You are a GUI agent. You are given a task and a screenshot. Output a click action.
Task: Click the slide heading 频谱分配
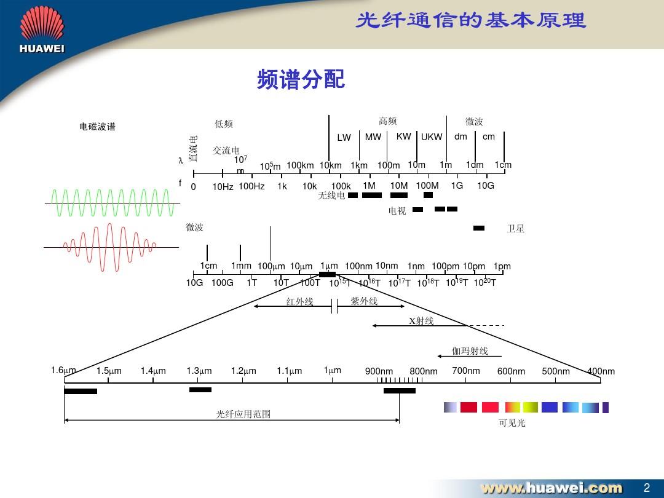[x=301, y=79]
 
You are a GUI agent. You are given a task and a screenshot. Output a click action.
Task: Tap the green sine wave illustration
[x=112, y=203]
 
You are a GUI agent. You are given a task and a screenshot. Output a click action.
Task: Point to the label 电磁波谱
[x=97, y=127]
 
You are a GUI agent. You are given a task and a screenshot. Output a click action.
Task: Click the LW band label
[x=344, y=138]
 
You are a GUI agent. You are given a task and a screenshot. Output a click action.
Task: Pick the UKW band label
[x=432, y=137]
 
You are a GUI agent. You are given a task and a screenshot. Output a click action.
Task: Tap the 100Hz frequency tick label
[x=251, y=186]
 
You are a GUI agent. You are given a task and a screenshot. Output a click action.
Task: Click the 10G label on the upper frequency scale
[x=486, y=185]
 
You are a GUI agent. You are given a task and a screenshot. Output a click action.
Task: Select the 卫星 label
[x=515, y=229]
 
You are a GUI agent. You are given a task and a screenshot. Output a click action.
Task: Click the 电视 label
[x=397, y=211]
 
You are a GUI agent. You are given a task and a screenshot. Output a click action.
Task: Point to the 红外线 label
[x=299, y=302]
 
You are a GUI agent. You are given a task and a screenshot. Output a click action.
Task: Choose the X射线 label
[x=421, y=321]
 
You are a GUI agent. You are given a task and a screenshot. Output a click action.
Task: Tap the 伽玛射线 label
[x=470, y=351]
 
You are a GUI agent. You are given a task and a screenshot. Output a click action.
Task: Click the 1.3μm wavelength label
[x=199, y=371]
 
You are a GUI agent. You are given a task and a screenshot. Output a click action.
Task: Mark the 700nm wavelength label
[x=465, y=370]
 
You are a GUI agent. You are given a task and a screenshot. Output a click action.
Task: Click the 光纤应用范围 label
[x=243, y=414]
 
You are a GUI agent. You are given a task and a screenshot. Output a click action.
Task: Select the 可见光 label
[x=512, y=423]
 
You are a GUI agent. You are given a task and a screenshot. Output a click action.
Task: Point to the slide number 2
[x=646, y=488]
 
